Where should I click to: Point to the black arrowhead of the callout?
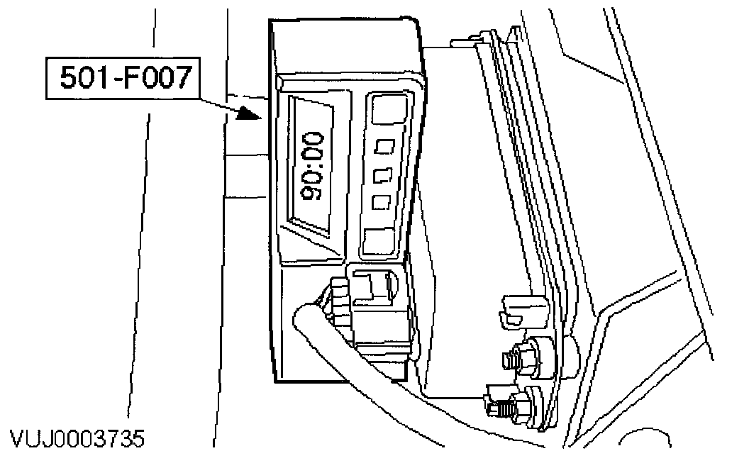coord(249,113)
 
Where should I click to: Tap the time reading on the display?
coord(313,167)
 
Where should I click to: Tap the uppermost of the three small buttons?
coord(384,147)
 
